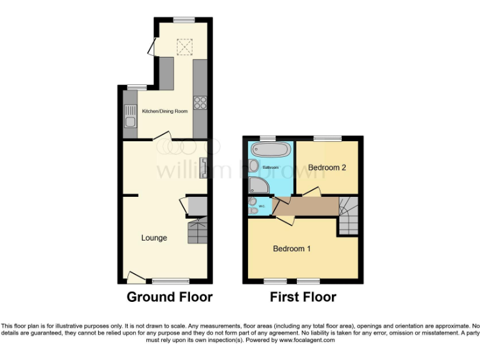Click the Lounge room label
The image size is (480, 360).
pyautogui.click(x=154, y=237)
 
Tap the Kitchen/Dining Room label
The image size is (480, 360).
pyautogui.click(x=165, y=111)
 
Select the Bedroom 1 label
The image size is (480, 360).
pyautogui.click(x=292, y=249)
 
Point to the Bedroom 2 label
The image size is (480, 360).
pyautogui.click(x=327, y=167)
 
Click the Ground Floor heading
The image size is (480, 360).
pyautogui.click(x=169, y=297)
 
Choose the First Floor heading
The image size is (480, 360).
pyautogui.click(x=303, y=297)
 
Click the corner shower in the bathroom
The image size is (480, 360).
pyautogui.click(x=257, y=184)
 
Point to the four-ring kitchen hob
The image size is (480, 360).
pyautogui.click(x=201, y=103)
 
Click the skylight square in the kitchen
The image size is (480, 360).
pyautogui.click(x=184, y=47)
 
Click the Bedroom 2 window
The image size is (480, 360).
pyautogui.click(x=327, y=138)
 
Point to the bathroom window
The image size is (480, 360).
pyautogui.click(x=268, y=138)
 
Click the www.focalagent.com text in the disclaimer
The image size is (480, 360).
pyautogui.click(x=307, y=341)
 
